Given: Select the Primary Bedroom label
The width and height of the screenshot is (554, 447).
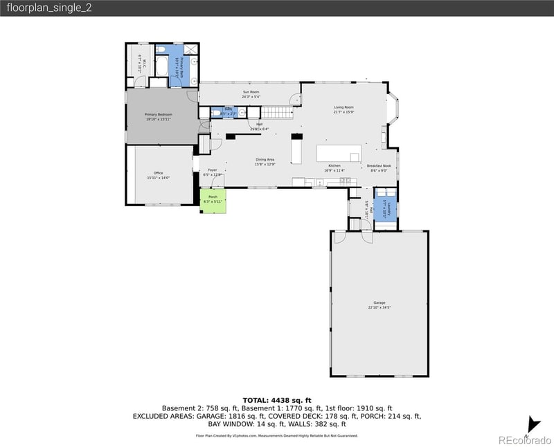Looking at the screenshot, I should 159,116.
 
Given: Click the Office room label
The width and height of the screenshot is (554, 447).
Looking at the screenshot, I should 158,175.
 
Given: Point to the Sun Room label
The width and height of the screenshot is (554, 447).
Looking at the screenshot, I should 251,94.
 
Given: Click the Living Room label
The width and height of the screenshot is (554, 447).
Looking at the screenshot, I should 344,109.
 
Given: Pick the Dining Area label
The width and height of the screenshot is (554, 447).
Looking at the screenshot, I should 265,162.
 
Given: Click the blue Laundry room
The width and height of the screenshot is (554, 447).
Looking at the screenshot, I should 388,206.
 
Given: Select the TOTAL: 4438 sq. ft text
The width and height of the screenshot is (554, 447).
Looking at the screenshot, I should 277,400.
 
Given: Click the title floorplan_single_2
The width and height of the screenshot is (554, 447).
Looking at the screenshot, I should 48,8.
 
